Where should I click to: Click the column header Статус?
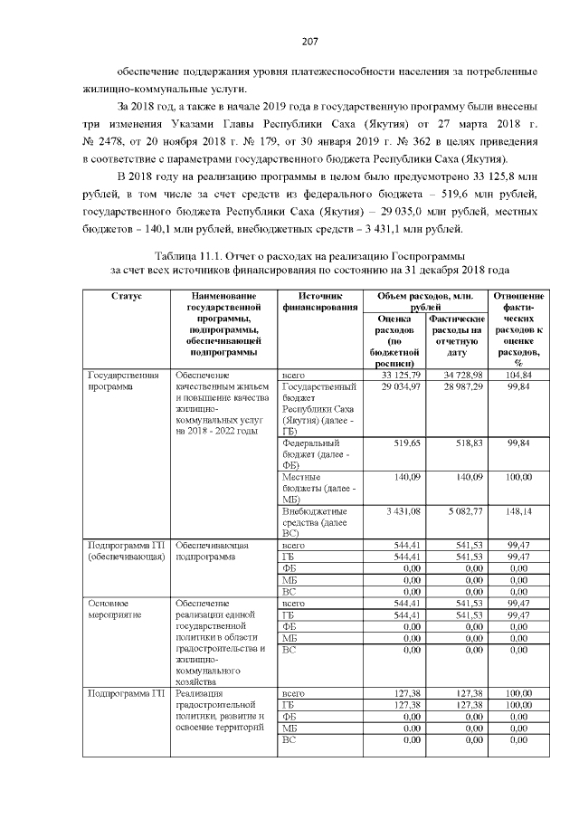pos(126,296)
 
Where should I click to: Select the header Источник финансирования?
pos(319,301)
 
